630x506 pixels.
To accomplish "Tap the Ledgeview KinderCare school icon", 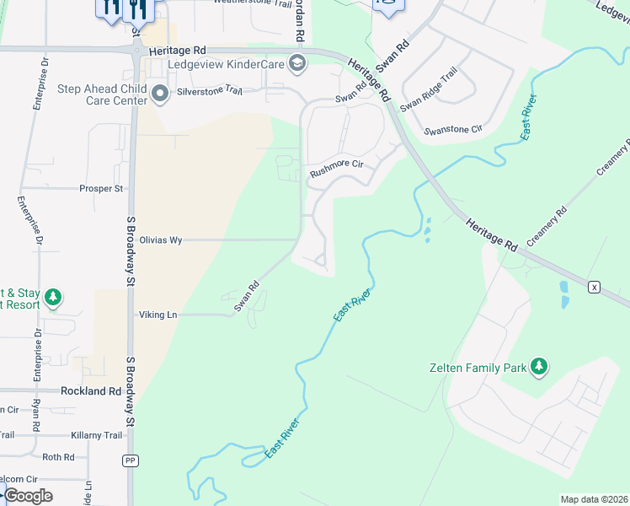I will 296,63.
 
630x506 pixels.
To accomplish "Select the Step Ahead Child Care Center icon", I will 160,94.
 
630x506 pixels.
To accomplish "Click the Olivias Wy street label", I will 161,240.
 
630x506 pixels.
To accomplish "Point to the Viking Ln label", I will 158,315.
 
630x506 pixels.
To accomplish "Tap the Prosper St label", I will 101,188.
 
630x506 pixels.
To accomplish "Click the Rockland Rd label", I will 91,391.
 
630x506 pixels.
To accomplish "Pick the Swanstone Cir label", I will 453,130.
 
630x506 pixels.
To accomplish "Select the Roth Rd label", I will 58,457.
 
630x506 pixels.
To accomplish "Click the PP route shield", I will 130,460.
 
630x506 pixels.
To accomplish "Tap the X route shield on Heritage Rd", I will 595,287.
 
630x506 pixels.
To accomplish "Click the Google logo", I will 27,495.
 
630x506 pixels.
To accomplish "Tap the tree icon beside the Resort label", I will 53,297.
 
